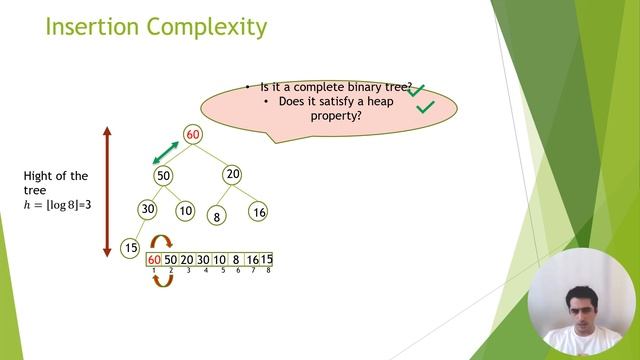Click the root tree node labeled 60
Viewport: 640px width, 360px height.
coord(193,135)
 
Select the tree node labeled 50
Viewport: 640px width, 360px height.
coord(164,175)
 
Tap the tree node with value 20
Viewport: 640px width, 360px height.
coord(232,174)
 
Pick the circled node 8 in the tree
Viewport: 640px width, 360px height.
coord(216,215)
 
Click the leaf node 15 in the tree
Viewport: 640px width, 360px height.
coord(130,247)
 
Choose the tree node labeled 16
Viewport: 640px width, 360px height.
coord(259,212)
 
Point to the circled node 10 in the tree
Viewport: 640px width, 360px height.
coord(185,211)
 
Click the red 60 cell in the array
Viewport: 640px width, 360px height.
coord(154,260)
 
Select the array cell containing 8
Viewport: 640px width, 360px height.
coord(236,260)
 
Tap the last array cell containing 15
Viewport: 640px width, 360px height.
coord(267,260)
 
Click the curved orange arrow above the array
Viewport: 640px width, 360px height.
coord(161,243)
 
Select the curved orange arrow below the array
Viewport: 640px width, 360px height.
coord(162,280)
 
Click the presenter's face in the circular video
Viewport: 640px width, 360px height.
coord(578,297)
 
